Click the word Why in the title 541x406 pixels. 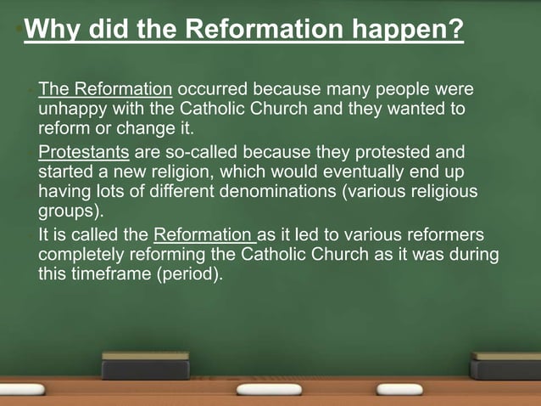coord(49,31)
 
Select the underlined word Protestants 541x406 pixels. coord(84,153)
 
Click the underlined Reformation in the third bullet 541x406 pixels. coord(204,235)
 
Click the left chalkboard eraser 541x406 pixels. coord(145,365)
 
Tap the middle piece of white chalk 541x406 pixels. coord(269,389)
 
